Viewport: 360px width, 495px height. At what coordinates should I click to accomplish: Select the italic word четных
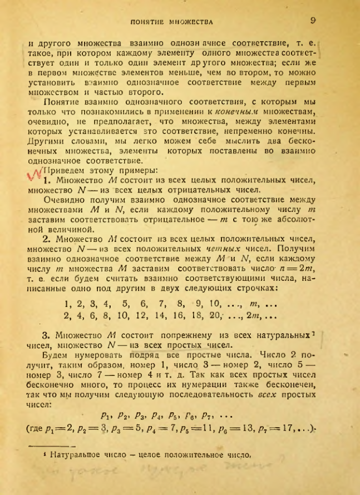[206, 250]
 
